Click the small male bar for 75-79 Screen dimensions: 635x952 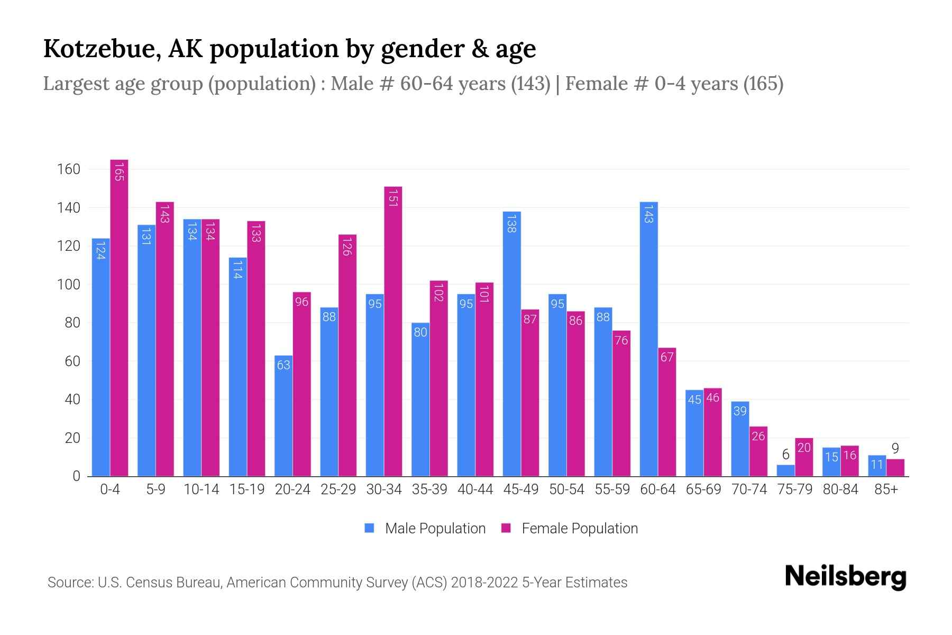click(x=785, y=470)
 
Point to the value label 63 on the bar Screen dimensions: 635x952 click(x=283, y=365)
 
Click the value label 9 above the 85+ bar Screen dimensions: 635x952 click(x=895, y=449)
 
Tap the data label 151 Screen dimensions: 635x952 click(x=393, y=197)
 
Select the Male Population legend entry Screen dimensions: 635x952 click(x=425, y=528)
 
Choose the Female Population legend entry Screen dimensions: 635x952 click(x=570, y=528)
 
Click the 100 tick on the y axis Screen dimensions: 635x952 click(x=69, y=285)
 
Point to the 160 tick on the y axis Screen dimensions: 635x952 click(x=69, y=169)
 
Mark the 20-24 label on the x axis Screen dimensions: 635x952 click(x=292, y=489)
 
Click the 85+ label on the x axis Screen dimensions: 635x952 click(x=886, y=489)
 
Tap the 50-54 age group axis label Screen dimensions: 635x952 click(x=566, y=489)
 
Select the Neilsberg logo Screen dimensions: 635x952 click(x=845, y=577)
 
